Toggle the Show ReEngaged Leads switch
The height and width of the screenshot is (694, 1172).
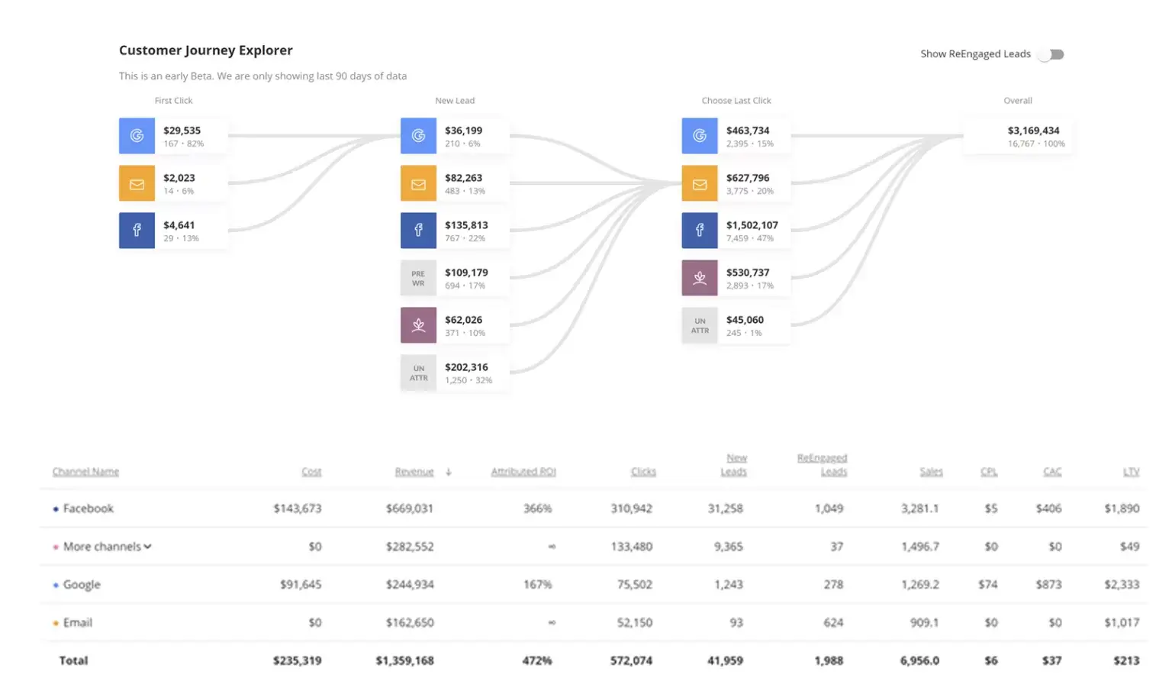click(1053, 54)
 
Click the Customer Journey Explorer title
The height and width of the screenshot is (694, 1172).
click(205, 50)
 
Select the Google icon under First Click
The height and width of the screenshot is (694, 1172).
click(137, 136)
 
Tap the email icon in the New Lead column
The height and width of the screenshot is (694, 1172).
click(418, 183)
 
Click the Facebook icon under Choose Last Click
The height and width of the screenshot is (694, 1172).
click(700, 231)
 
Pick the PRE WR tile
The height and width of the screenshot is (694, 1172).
click(418, 278)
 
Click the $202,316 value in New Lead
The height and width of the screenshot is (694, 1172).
click(466, 367)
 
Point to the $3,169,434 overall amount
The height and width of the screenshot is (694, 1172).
click(1033, 131)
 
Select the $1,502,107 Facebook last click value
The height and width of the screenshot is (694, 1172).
click(752, 225)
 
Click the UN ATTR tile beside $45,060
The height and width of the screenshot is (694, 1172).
click(700, 325)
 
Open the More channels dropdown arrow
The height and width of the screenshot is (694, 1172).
click(148, 547)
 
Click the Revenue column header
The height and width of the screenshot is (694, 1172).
click(414, 472)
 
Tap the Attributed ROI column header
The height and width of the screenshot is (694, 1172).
click(523, 472)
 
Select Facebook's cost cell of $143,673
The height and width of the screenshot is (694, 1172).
click(298, 508)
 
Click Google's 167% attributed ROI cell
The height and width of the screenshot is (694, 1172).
click(537, 585)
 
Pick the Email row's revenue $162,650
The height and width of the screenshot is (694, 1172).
click(410, 623)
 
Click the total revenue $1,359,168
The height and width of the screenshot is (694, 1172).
click(404, 661)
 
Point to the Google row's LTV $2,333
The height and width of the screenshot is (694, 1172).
click(1121, 585)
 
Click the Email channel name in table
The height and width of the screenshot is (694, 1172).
click(78, 623)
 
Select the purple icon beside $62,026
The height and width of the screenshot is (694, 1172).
click(418, 325)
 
